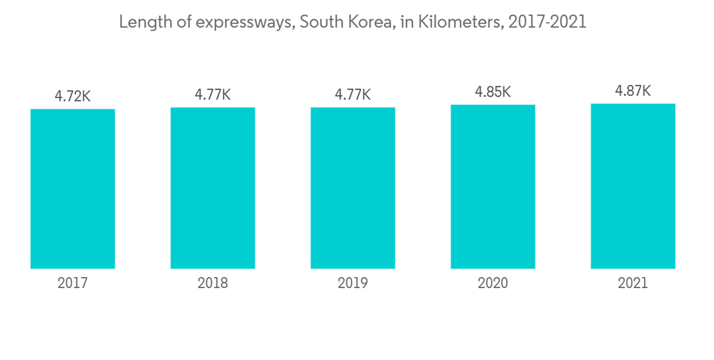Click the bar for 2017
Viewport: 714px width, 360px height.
pos(73,189)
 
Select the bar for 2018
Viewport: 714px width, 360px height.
pos(213,188)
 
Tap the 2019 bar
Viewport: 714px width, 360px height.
pos(353,188)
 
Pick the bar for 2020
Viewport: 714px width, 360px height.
pos(493,186)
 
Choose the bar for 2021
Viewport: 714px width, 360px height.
pos(633,186)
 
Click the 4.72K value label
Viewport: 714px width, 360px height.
pos(73,96)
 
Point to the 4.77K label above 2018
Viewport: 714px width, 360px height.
pos(213,94)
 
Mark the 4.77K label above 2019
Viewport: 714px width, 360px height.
pos(353,94)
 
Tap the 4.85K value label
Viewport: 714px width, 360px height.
pos(493,92)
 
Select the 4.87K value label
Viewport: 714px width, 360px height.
pos(633,91)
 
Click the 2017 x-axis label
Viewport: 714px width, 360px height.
pos(73,284)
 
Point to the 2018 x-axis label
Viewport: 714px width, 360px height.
pos(213,284)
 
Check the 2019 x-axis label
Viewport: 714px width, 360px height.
pos(353,284)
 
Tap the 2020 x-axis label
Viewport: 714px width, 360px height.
pos(493,284)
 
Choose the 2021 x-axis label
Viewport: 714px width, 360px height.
pos(633,284)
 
